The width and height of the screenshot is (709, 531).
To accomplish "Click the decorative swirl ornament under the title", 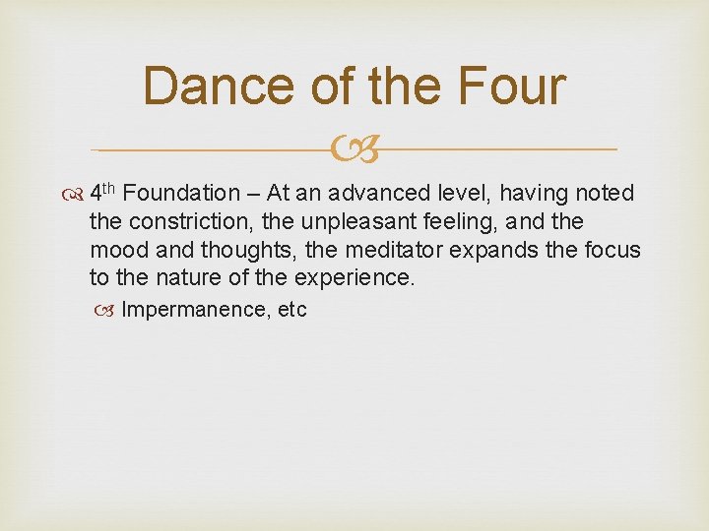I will pos(354,150).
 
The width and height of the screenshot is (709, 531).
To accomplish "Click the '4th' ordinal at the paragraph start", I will pos(102,193).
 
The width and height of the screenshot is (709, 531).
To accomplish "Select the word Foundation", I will pos(182,194).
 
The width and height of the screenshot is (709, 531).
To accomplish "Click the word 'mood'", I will pos(116,250).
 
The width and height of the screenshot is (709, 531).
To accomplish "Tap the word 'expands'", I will pos(504,250).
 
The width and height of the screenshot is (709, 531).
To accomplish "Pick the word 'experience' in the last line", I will pos(361,277).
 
